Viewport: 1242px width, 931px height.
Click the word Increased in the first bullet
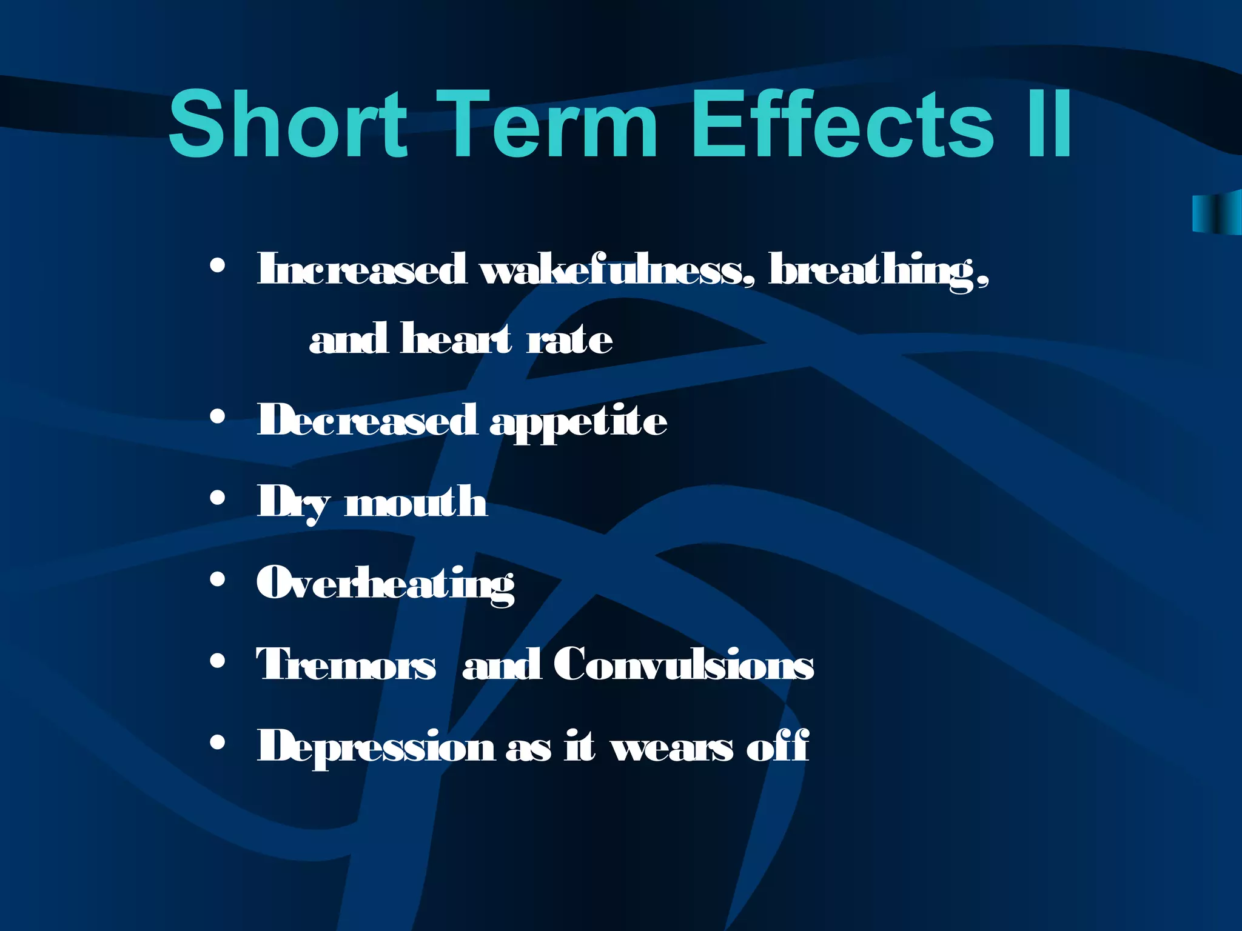point(362,269)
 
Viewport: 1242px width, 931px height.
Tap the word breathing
point(879,270)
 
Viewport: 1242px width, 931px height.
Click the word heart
point(456,338)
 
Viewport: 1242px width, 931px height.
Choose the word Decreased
point(366,419)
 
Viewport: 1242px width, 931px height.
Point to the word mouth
point(416,501)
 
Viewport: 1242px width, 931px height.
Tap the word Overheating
point(386,583)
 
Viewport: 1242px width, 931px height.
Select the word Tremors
point(346,664)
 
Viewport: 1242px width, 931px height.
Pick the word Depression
point(376,746)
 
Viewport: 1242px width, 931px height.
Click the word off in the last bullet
point(777,745)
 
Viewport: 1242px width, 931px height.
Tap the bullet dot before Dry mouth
point(217,498)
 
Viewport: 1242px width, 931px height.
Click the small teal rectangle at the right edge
point(1217,212)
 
